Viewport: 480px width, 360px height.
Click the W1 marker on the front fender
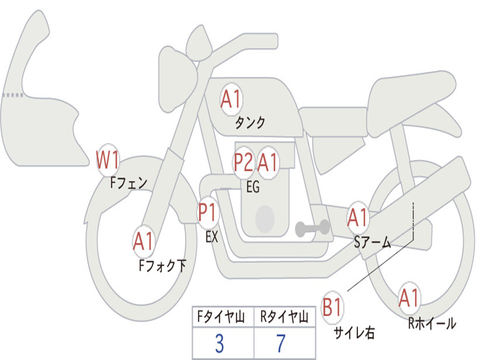[107, 160]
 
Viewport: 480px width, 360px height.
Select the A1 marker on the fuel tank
[231, 99]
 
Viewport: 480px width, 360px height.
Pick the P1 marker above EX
[208, 213]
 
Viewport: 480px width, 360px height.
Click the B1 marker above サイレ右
[332, 308]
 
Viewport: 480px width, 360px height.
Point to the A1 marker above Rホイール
[409, 298]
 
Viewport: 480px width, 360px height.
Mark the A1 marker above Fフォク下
[143, 241]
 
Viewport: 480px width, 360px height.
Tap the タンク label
[250, 123]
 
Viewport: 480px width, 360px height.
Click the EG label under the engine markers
[253, 187]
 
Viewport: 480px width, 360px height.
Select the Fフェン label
[129, 182]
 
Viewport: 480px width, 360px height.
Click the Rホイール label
[432, 323]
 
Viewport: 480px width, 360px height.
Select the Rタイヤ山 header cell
[284, 318]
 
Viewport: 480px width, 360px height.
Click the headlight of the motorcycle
[176, 79]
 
